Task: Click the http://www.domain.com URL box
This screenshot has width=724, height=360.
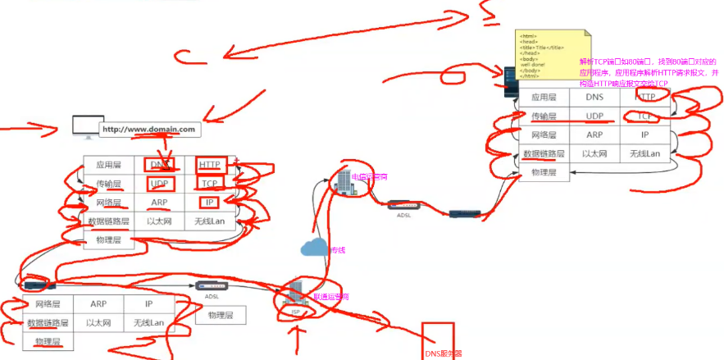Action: tap(150, 130)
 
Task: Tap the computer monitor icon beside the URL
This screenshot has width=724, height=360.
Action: tap(84, 126)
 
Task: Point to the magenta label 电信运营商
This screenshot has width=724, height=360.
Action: tap(370, 177)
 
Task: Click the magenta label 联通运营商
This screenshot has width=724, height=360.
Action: tap(331, 297)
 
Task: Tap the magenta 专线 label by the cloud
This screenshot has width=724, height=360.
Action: tap(337, 249)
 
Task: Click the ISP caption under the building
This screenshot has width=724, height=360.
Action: tap(295, 312)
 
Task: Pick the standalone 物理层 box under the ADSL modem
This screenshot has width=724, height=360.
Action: tap(221, 315)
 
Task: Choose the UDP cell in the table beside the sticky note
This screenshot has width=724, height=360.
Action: tap(594, 116)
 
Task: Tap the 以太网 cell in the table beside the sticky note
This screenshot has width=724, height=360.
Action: tap(594, 153)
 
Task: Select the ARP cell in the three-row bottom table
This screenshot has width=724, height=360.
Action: tap(98, 304)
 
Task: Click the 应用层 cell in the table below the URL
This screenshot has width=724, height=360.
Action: tap(109, 165)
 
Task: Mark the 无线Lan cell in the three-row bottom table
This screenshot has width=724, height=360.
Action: tap(148, 323)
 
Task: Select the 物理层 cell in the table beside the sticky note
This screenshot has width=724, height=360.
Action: tap(544, 172)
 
